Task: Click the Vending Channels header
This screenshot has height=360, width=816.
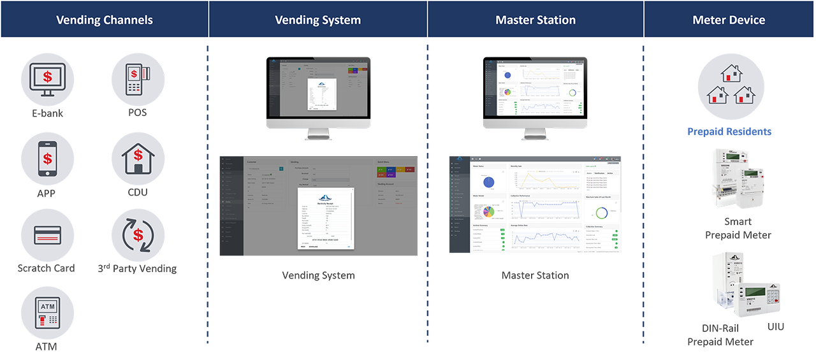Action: [x=105, y=20]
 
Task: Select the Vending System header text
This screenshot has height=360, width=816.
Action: [x=317, y=20]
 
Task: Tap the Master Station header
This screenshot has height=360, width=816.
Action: [x=535, y=20]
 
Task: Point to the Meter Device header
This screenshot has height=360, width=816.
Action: [x=729, y=20]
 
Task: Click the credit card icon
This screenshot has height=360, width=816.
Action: [x=48, y=235]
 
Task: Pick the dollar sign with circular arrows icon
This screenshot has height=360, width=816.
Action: [x=138, y=235]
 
